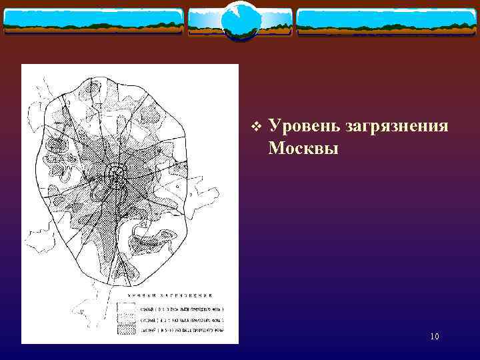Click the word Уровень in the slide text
point(303,125)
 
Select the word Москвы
point(303,147)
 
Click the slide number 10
point(435,337)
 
